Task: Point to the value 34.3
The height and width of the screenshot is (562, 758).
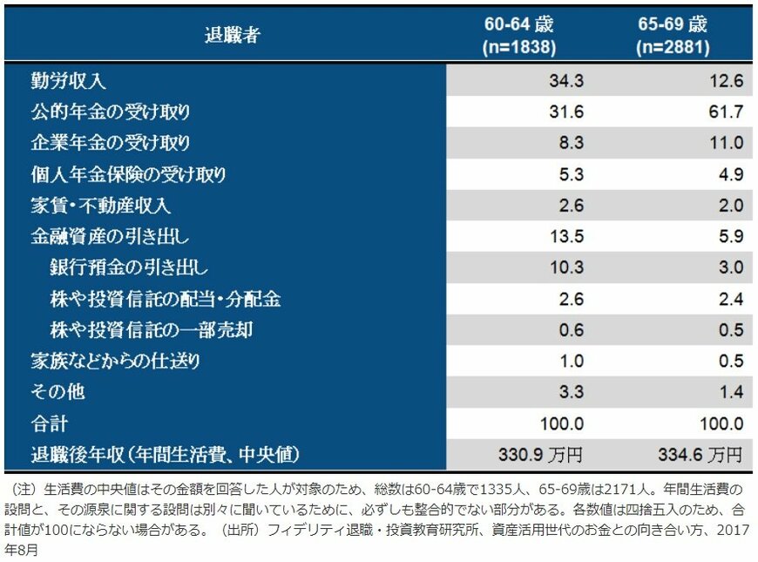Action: coord(566,81)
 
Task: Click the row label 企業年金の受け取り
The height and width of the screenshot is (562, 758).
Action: coord(110,143)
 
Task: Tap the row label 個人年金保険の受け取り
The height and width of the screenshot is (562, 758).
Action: coord(128,174)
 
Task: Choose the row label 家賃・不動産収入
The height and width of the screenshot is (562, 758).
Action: coord(100,206)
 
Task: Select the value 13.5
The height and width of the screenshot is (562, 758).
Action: coord(566,236)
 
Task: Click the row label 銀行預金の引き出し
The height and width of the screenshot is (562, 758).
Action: coord(129,267)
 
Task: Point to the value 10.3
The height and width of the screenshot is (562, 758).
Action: coord(566,267)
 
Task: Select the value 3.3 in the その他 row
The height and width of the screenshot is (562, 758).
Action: coord(571,392)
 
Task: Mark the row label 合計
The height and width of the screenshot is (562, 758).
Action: coord(49,423)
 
